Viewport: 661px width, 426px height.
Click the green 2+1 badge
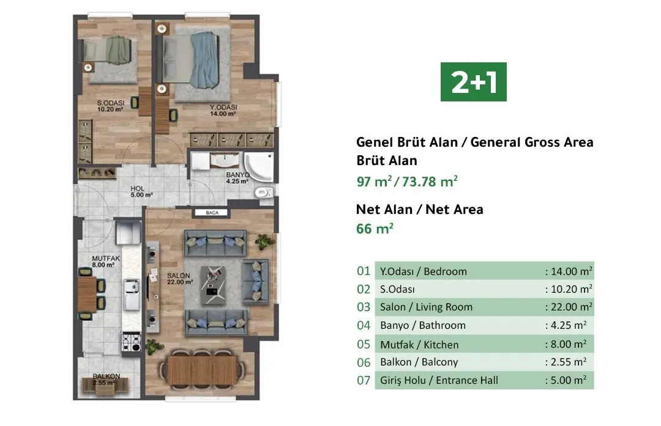(474, 81)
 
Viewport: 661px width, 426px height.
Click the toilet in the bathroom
(262, 193)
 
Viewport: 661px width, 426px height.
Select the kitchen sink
(130, 294)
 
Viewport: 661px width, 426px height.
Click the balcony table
(106, 387)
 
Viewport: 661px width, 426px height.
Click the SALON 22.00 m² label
(180, 278)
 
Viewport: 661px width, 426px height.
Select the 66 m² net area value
(375, 229)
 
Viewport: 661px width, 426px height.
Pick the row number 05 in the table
(364, 345)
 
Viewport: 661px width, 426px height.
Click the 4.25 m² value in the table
(569, 326)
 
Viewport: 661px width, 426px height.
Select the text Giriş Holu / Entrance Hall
(439, 380)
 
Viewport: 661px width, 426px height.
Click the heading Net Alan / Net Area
(419, 209)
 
